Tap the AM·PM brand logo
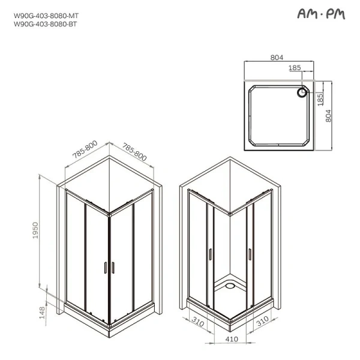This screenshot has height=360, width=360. (321, 14)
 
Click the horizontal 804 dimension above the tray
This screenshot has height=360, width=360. (277, 58)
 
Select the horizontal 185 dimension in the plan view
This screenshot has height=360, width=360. (295, 68)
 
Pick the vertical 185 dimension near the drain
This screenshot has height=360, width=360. (320, 96)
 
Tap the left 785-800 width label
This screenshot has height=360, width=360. (84, 154)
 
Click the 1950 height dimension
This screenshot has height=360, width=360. (36, 232)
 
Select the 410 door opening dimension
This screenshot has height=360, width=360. (232, 339)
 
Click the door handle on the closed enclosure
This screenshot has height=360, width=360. (109, 268)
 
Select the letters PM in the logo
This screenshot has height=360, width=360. (334, 14)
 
